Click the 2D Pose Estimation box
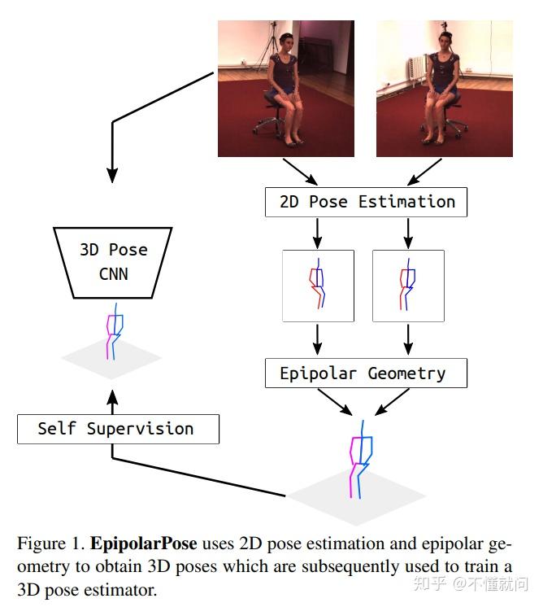(366, 201)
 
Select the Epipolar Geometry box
(366, 373)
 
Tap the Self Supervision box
(118, 429)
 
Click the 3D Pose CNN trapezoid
(115, 261)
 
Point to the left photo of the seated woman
(285, 88)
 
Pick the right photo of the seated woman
(444, 88)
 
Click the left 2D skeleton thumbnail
(318, 286)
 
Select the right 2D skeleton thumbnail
(408, 286)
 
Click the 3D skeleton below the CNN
(114, 332)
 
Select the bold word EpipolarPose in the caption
(143, 543)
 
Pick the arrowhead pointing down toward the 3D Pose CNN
(112, 174)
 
